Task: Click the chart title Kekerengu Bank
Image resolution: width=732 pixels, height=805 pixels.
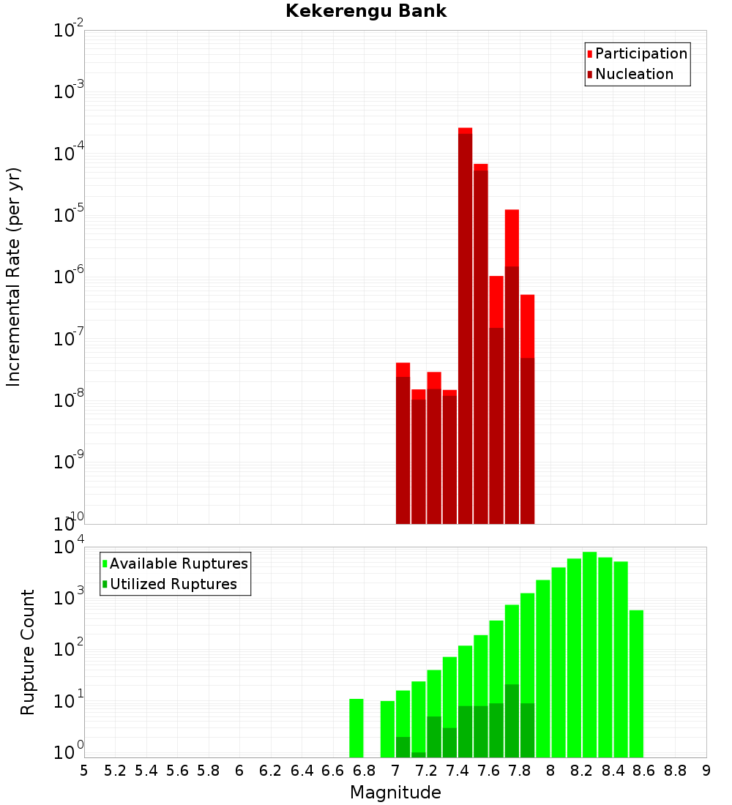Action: click(x=366, y=12)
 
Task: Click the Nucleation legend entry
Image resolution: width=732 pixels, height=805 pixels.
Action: click(x=633, y=75)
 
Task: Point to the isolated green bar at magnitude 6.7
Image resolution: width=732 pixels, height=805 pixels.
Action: click(x=356, y=728)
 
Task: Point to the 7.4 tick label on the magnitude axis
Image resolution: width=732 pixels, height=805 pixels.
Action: click(x=457, y=771)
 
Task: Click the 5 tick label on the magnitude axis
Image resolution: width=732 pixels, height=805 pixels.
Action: click(x=84, y=771)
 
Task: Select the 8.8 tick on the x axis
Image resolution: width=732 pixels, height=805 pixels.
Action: click(x=675, y=771)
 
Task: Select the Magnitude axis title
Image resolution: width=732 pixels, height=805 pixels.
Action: click(x=395, y=793)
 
